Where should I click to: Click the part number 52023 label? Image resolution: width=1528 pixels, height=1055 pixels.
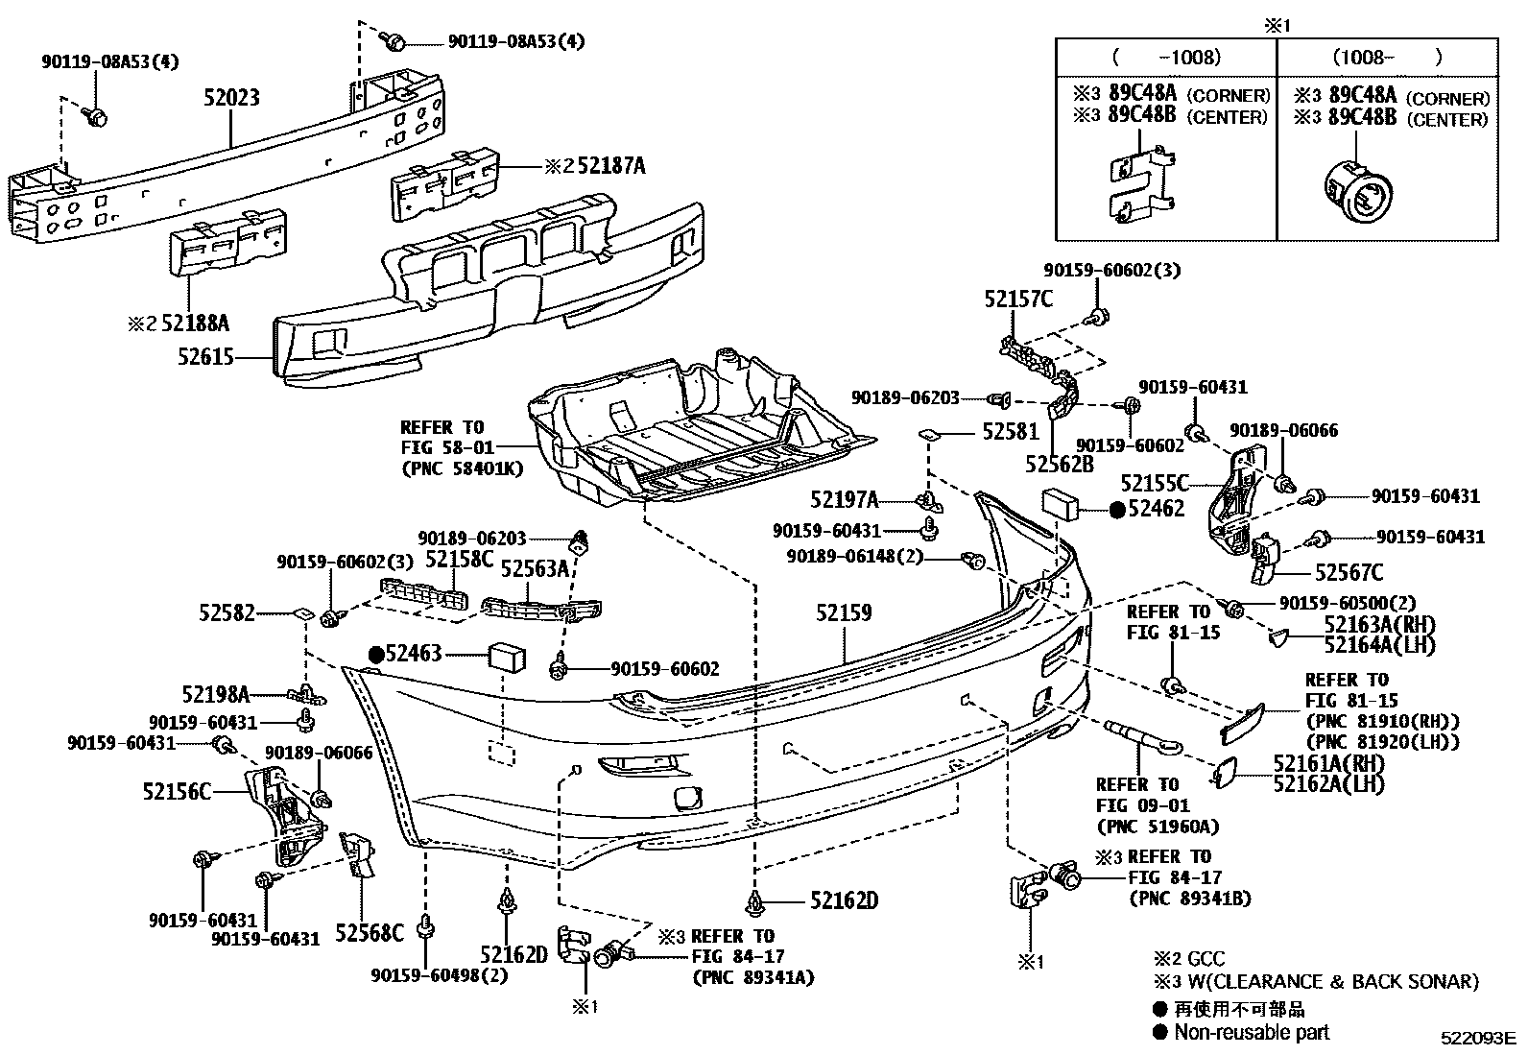(x=231, y=98)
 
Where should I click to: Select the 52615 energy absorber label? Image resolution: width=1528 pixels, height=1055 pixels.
(x=205, y=356)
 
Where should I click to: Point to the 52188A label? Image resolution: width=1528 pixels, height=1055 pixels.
(x=195, y=323)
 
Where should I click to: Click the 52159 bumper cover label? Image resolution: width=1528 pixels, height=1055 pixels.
(x=844, y=611)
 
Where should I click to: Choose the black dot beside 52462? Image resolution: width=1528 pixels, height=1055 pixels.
(x=1116, y=511)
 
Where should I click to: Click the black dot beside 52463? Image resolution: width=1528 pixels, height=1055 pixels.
(x=376, y=655)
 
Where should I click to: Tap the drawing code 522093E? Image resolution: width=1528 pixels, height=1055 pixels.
(x=1476, y=1038)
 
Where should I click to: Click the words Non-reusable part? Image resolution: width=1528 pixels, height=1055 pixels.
(x=1253, y=1032)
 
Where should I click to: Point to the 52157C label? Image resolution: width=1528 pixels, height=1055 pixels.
(x=1017, y=300)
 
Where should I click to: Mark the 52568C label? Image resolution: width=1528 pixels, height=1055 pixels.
(x=370, y=931)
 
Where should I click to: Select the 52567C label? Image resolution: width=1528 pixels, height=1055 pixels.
(x=1349, y=573)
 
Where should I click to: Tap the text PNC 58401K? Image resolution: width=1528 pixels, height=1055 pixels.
(x=462, y=469)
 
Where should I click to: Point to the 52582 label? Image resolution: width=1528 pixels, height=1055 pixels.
(x=227, y=611)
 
